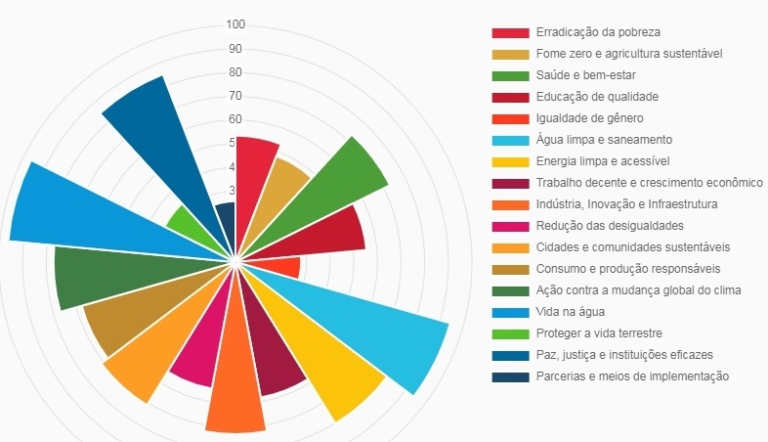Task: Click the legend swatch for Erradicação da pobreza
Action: pyautogui.click(x=510, y=32)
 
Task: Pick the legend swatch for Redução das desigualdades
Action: pyautogui.click(x=510, y=226)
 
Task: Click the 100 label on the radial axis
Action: pyautogui.click(x=235, y=24)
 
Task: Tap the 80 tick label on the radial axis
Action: pyautogui.click(x=235, y=72)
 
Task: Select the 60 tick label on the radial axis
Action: pyautogui.click(x=235, y=119)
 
